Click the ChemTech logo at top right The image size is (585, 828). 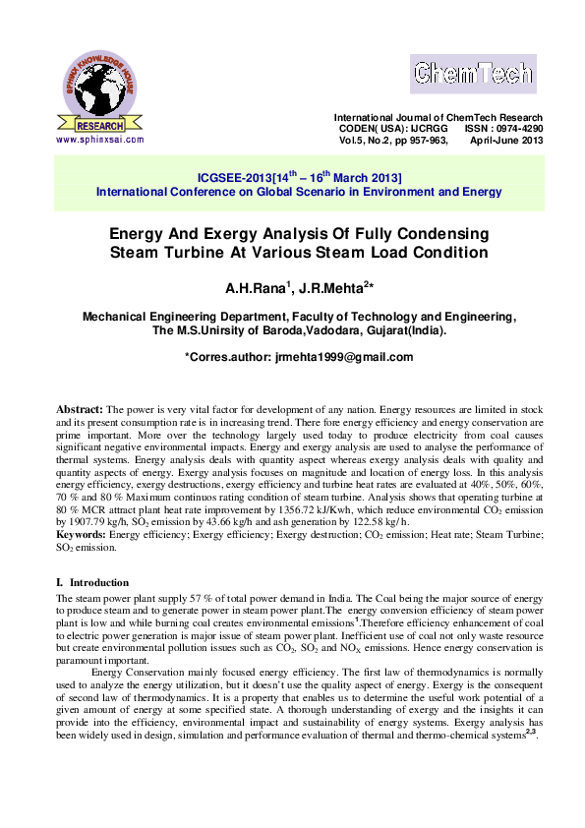tap(472, 74)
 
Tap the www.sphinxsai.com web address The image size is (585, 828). tap(100, 139)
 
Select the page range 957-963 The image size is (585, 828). tap(423, 140)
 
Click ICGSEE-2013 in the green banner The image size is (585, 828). tap(234, 178)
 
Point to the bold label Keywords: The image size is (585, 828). tap(82, 534)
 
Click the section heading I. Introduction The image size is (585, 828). tap(92, 582)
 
